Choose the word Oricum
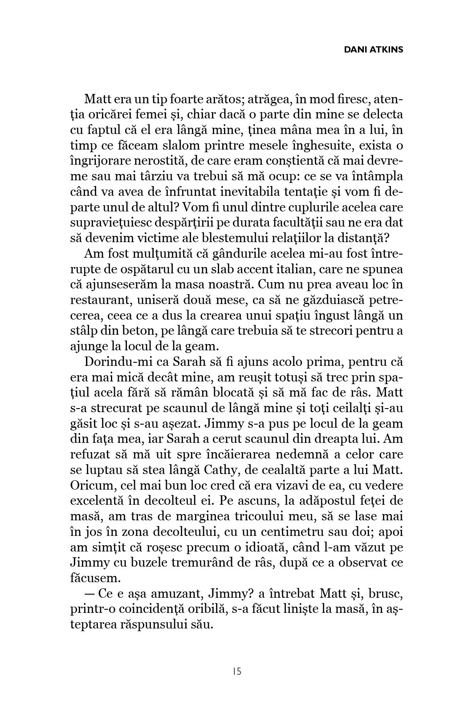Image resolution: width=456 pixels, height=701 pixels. point(89,486)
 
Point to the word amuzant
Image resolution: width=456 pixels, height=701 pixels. point(166,594)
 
